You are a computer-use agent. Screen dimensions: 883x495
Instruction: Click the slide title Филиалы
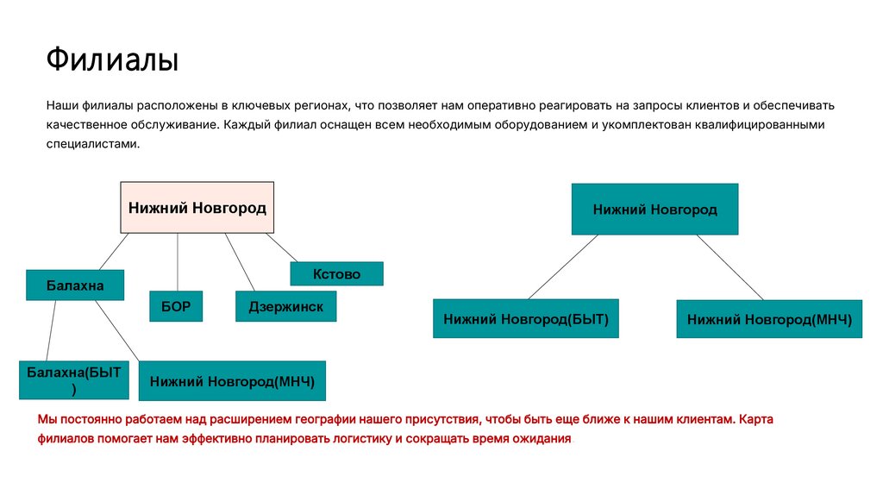pyautogui.click(x=112, y=61)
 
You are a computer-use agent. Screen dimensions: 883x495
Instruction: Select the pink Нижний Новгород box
pyautogui.click(x=197, y=208)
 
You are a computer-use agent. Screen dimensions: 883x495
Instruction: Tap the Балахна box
pyautogui.click(x=75, y=285)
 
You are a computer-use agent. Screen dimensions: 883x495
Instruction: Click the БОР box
pyautogui.click(x=176, y=306)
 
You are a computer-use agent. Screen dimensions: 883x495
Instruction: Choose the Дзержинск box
pyautogui.click(x=285, y=306)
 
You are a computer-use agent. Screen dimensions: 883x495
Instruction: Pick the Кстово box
pyautogui.click(x=336, y=274)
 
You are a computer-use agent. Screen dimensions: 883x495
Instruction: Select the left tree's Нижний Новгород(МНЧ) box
pyautogui.click(x=232, y=380)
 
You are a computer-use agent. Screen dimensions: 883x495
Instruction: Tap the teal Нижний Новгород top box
pyautogui.click(x=654, y=210)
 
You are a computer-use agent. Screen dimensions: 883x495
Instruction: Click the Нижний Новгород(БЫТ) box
pyautogui.click(x=526, y=319)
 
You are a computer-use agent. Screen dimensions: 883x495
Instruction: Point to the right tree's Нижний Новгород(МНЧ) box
pyautogui.click(x=769, y=319)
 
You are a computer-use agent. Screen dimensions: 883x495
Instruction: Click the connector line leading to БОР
pyautogui.click(x=178, y=262)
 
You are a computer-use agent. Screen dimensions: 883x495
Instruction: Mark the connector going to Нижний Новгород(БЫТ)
pyautogui.click(x=562, y=266)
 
